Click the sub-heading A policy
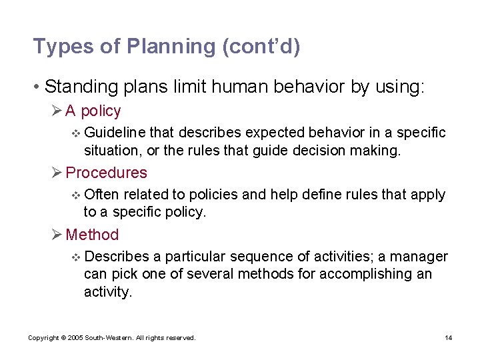93,111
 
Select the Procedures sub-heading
107,173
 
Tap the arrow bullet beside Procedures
57,173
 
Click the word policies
213,195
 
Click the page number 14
449,338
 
